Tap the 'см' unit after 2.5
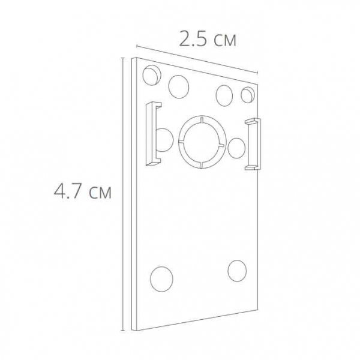click(225, 41)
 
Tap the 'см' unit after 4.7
click(100, 193)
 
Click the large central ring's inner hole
click(202, 142)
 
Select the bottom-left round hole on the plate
click(161, 279)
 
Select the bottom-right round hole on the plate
click(237, 271)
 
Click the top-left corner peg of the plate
click(152, 75)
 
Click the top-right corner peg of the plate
click(248, 94)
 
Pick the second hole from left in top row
click(179, 87)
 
